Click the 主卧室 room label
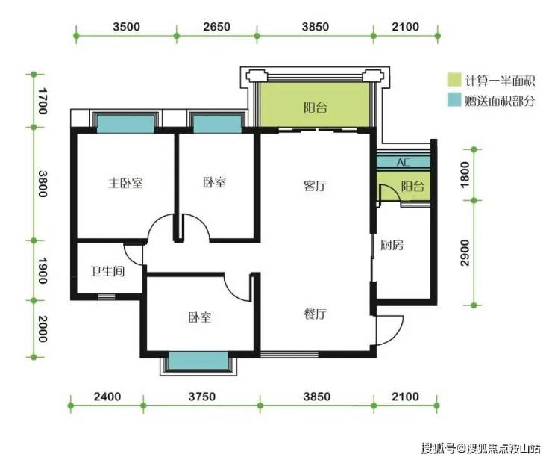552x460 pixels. [x=125, y=183]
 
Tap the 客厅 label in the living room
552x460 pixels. [x=316, y=185]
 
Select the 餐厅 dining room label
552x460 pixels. [x=316, y=314]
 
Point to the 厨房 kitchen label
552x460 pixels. [x=392, y=245]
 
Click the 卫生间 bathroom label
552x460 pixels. [x=107, y=271]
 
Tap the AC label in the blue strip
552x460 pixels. [x=404, y=162]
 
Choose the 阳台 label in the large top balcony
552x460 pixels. [x=316, y=107]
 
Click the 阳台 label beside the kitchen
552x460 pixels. [x=413, y=186]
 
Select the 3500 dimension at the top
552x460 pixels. [x=126, y=26]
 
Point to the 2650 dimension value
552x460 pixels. [x=216, y=26]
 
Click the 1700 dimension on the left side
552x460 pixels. [x=43, y=101]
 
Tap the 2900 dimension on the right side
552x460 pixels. [x=465, y=252]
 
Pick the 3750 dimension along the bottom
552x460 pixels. [x=201, y=397]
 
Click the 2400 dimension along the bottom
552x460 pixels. [x=107, y=397]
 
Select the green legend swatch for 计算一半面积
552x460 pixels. [x=454, y=80]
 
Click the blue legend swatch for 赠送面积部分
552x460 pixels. [x=454, y=100]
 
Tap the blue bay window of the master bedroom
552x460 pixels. [x=125, y=124]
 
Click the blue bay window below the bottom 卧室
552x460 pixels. [x=198, y=361]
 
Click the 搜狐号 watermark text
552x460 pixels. [x=439, y=448]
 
